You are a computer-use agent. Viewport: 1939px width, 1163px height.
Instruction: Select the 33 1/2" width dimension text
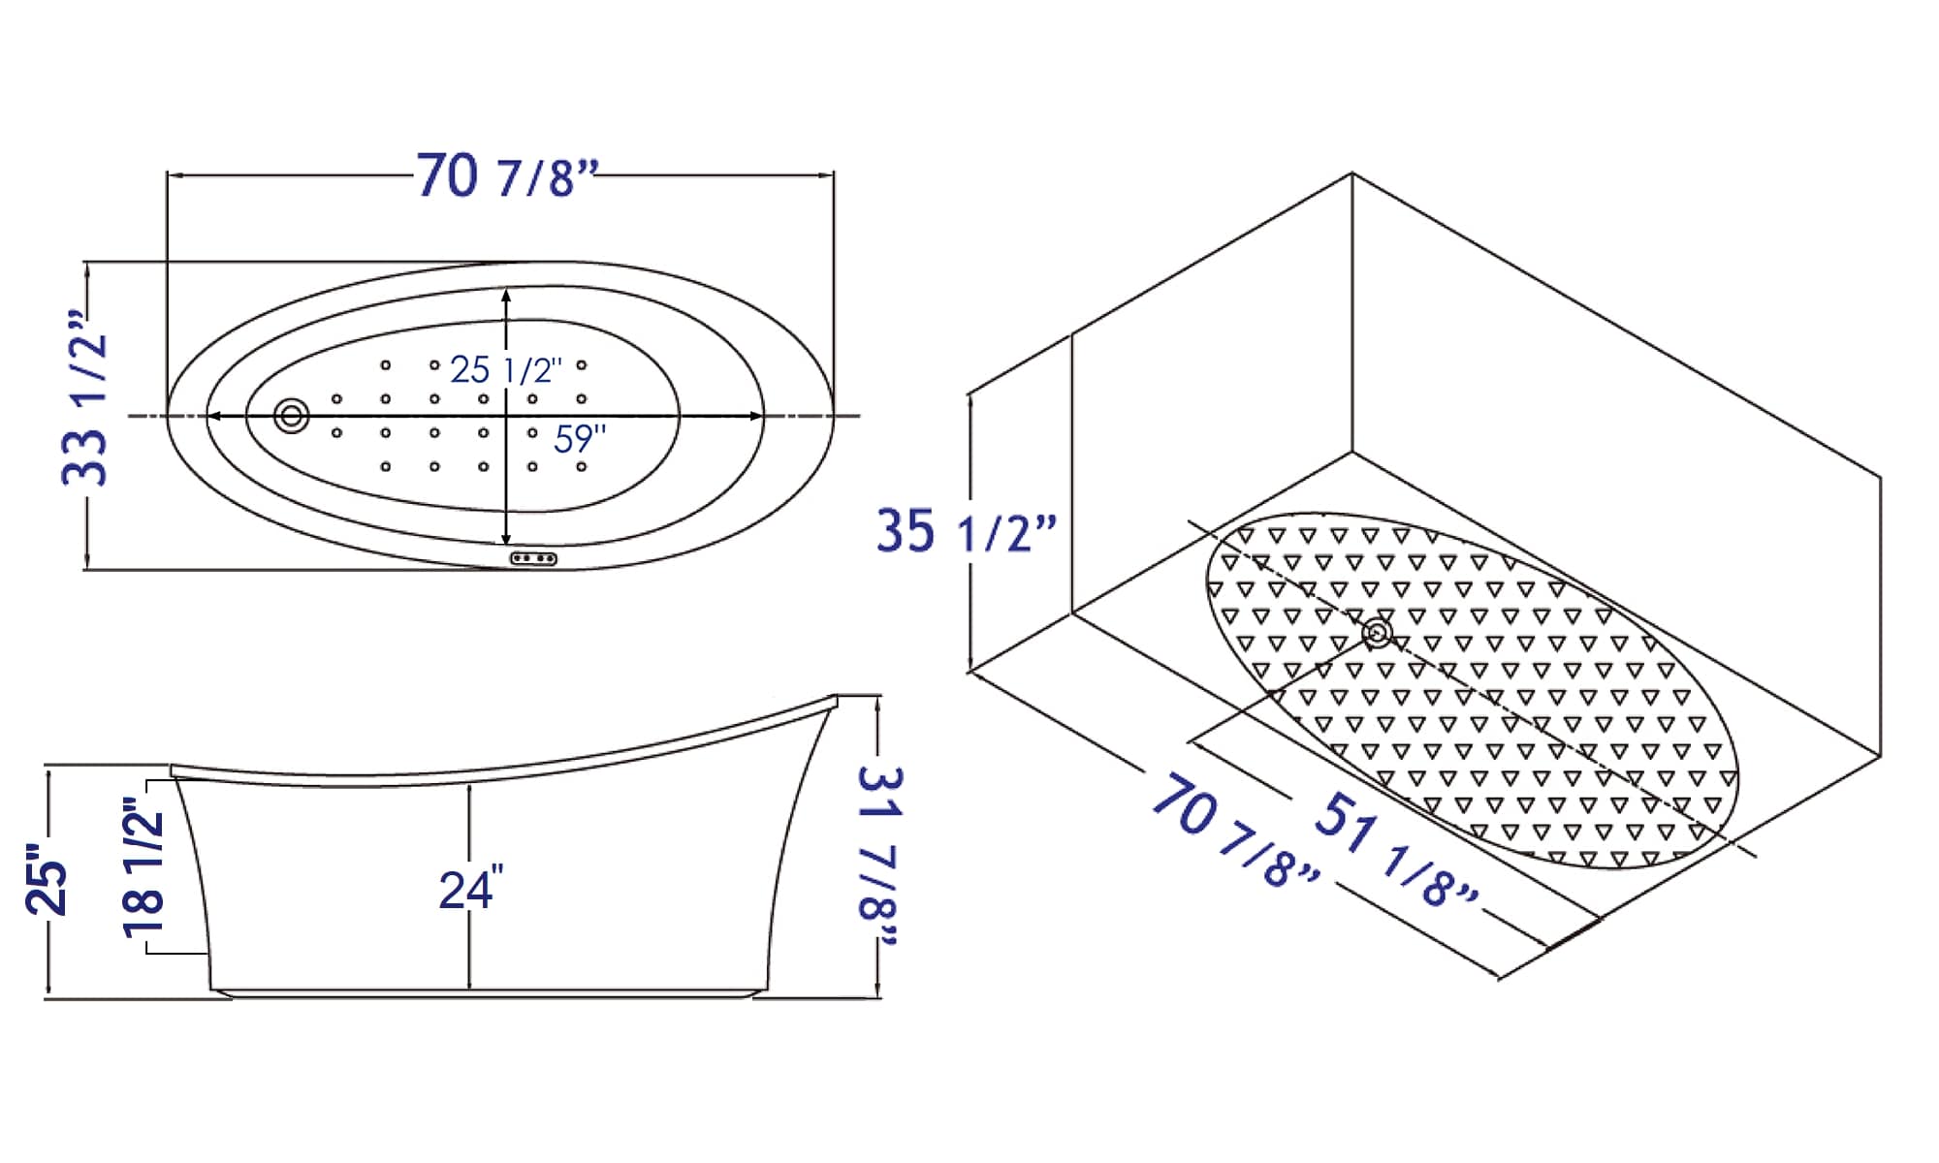pos(85,397)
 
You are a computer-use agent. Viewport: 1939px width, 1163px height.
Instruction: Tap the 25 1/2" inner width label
pos(505,369)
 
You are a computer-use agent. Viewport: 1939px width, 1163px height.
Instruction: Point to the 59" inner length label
pos(580,439)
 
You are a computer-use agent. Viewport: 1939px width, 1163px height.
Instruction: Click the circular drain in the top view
pos(291,416)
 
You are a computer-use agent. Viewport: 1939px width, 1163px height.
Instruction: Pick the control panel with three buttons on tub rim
pos(533,559)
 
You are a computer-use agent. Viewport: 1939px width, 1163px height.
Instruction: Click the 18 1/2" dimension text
pos(143,867)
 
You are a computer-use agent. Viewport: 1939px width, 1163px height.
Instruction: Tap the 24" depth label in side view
pos(471,890)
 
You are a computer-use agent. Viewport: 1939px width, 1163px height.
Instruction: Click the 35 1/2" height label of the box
pos(965,531)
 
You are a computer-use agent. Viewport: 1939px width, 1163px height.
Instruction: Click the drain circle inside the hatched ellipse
pos(1377,634)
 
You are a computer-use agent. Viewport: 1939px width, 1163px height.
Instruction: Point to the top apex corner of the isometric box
pos(1351,173)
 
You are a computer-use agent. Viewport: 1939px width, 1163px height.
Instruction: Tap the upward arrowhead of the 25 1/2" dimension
pos(506,294)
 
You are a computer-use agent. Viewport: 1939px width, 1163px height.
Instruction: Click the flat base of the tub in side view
pos(485,992)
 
